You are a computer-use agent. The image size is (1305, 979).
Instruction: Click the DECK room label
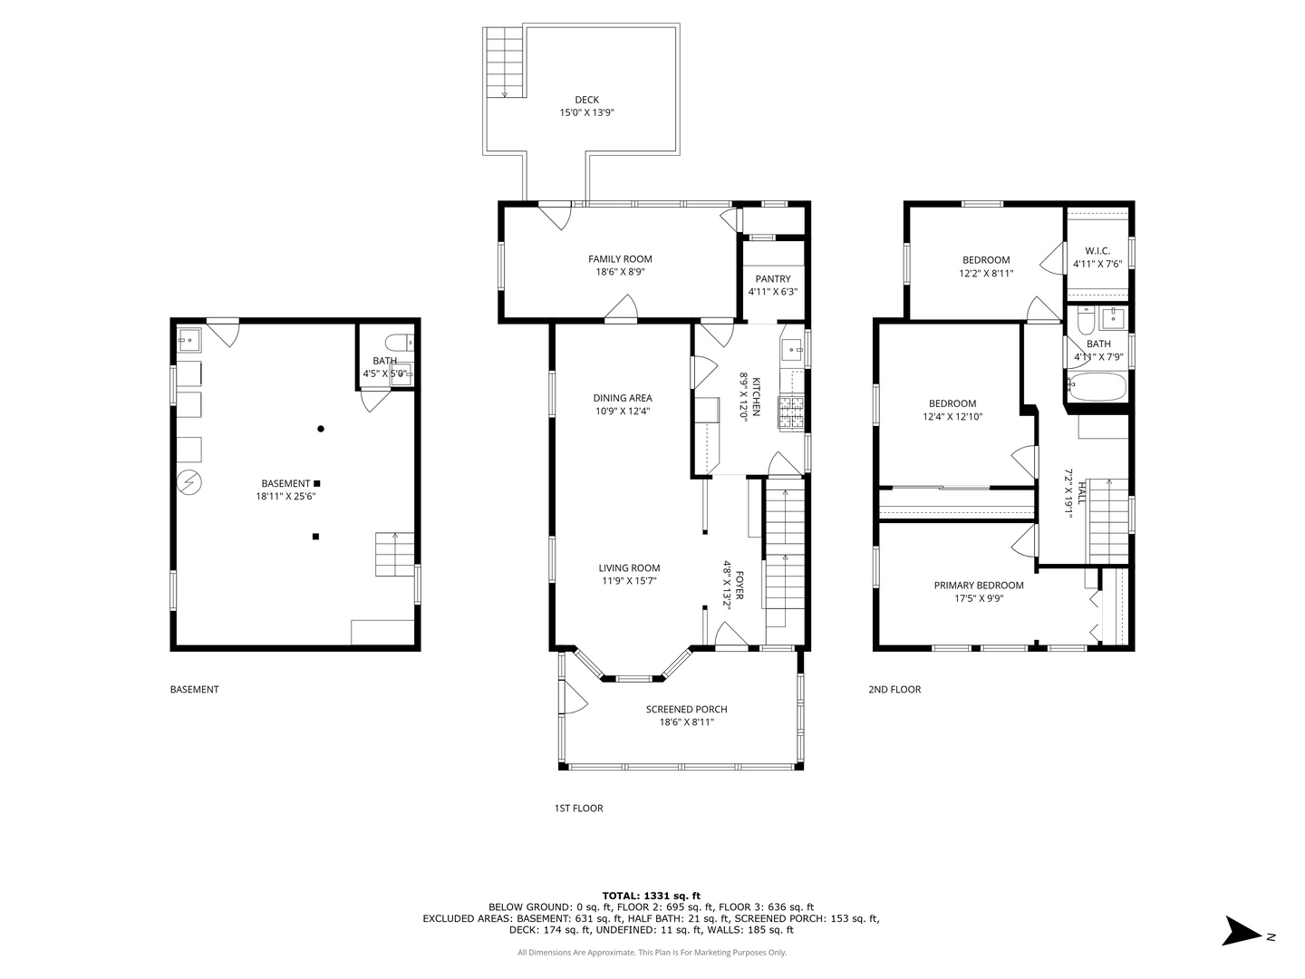[586, 100]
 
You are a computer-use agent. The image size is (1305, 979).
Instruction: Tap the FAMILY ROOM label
[620, 258]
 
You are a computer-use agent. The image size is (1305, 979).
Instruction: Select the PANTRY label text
[772, 279]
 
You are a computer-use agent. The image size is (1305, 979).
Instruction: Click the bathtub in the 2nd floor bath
[1096, 386]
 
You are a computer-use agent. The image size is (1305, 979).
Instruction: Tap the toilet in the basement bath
[399, 343]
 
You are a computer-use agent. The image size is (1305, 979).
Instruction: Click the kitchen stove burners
[791, 412]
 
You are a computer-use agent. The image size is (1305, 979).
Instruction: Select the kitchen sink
[792, 351]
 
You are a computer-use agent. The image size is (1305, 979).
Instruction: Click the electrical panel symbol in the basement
[189, 482]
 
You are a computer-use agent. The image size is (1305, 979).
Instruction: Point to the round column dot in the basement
[321, 429]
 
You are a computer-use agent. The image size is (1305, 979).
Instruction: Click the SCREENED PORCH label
[686, 709]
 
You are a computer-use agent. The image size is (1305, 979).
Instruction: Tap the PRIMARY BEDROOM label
[978, 586]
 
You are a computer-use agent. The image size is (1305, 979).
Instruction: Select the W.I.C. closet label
[1097, 251]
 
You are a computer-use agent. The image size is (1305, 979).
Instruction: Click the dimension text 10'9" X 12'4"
[623, 411]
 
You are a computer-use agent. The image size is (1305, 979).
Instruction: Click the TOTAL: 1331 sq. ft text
[651, 896]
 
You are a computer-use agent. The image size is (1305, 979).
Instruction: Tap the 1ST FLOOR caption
[578, 808]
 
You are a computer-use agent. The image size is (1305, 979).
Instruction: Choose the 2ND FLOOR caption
[894, 690]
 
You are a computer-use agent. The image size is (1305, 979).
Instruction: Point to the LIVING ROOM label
[629, 567]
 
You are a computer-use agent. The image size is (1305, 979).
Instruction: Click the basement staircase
[394, 554]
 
